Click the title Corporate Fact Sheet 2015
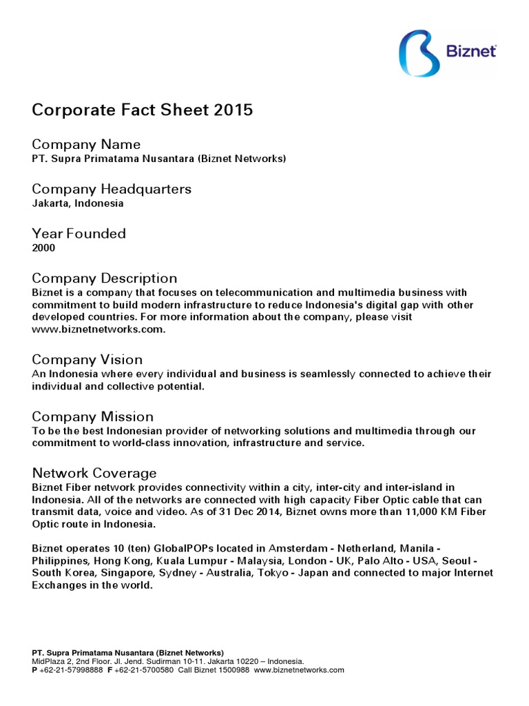tap(143, 110)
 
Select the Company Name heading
tap(86, 144)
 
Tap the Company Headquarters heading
tap(112, 189)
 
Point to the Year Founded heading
tap(79, 234)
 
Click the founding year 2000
tap(43, 248)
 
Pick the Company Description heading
tap(105, 279)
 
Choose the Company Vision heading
tap(87, 360)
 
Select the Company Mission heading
tap(93, 417)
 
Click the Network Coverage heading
tap(94, 474)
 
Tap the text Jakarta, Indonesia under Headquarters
tap(78, 203)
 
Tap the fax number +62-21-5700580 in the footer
tap(144, 669)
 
